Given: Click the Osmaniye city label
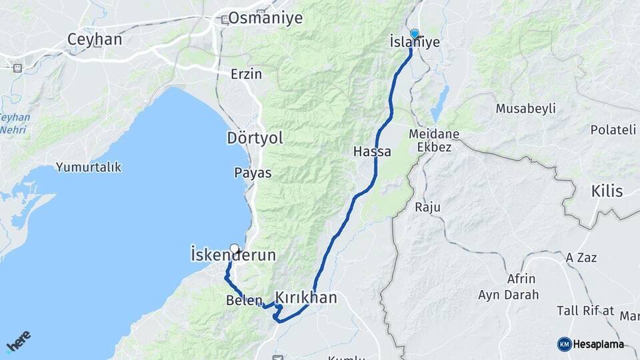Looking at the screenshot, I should click(x=265, y=18).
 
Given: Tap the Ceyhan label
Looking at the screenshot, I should click(x=95, y=39).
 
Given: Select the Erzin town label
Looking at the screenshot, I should click(x=246, y=74).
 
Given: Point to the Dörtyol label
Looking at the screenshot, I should click(x=255, y=138).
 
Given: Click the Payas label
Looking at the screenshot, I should click(x=253, y=173).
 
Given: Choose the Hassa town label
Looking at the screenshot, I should click(x=372, y=152).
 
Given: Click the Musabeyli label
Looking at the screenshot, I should click(x=526, y=109).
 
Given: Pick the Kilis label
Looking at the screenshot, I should click(x=607, y=191).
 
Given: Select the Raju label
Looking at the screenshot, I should click(x=428, y=207).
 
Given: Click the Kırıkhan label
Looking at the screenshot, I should click(x=306, y=297).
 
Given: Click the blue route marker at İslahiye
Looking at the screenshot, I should click(x=415, y=34).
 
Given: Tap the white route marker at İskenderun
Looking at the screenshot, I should click(x=234, y=247).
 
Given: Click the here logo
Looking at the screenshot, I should click(x=18, y=340).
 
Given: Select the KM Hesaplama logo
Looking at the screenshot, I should click(x=591, y=344).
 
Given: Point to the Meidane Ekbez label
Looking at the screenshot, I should click(x=434, y=140).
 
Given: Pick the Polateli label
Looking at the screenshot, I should click(x=613, y=130).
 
